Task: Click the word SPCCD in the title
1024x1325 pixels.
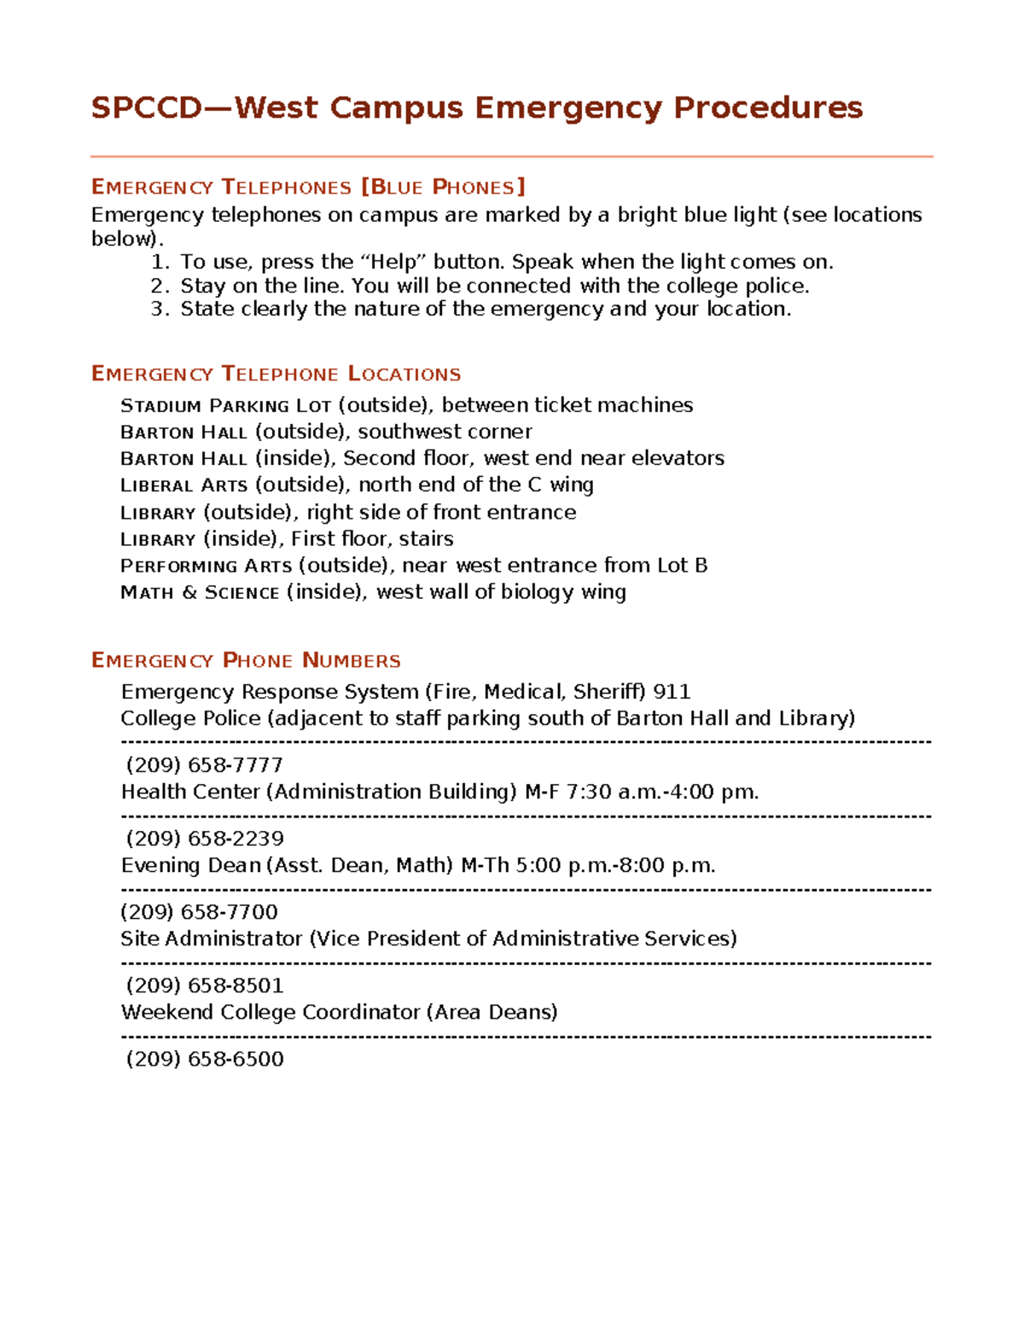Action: coord(147,108)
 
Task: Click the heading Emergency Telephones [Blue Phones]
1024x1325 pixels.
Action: coord(308,187)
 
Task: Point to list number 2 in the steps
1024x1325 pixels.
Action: coord(160,286)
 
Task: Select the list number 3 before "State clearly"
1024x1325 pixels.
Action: coord(160,309)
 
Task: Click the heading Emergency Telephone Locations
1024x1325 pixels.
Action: coord(276,374)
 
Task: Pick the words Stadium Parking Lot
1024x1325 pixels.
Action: coord(225,405)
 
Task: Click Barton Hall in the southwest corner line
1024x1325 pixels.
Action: coord(183,432)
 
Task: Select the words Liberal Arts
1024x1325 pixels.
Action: coord(183,485)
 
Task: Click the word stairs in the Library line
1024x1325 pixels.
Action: coord(426,539)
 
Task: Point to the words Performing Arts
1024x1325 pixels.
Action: coord(206,566)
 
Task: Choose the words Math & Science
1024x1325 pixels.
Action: coord(200,592)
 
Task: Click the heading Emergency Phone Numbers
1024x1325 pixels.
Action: coord(246,660)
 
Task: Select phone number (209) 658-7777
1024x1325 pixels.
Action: coord(204,765)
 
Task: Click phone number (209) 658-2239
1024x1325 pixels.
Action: coord(204,839)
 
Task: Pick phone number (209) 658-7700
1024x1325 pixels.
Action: coord(199,912)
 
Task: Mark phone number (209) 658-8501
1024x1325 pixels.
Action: coord(204,985)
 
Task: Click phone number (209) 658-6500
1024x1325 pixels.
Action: coord(204,1059)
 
